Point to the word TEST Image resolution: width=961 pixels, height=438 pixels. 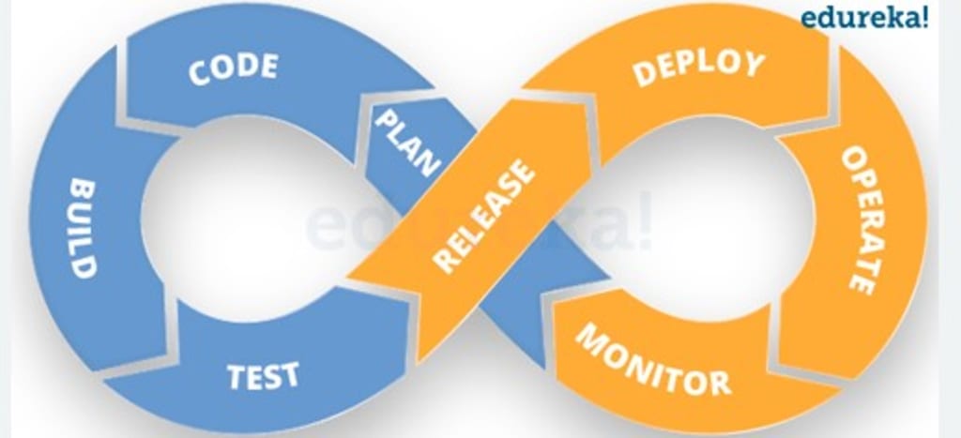click(x=264, y=375)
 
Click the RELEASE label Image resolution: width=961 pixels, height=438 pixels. click(x=485, y=217)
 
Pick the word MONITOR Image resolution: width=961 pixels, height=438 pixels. click(x=653, y=361)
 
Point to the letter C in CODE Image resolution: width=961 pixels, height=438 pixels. click(x=198, y=76)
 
